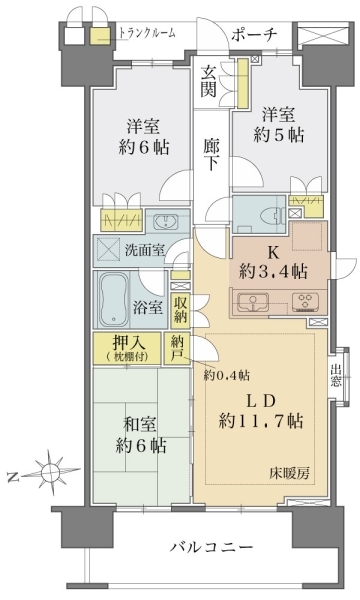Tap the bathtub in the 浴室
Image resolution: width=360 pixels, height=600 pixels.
pyautogui.click(x=114, y=299)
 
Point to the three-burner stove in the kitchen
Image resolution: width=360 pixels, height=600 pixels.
pyautogui.click(x=305, y=301)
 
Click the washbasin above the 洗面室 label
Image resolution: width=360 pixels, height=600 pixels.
pyautogui.click(x=165, y=222)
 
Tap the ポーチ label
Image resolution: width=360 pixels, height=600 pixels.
pyautogui.click(x=254, y=35)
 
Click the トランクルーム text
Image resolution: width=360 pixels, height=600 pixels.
pyautogui.click(x=147, y=33)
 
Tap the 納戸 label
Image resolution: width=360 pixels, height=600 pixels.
pyautogui.click(x=177, y=347)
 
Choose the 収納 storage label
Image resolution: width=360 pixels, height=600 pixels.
pyautogui.click(x=180, y=309)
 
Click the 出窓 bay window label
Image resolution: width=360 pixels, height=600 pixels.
pyautogui.click(x=336, y=375)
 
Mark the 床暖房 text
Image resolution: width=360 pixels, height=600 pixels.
pyautogui.click(x=293, y=474)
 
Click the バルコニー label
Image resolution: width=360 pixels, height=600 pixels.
pyautogui.click(x=212, y=546)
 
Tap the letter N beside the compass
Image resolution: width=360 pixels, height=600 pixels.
pyautogui.click(x=13, y=477)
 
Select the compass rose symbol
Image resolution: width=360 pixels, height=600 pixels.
pyautogui.click(x=50, y=470)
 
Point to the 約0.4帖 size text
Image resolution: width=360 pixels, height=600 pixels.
pyautogui.click(x=227, y=375)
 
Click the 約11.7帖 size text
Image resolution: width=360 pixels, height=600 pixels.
pyautogui.click(x=261, y=421)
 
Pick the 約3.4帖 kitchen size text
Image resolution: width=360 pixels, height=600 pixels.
pyautogui.click(x=273, y=271)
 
